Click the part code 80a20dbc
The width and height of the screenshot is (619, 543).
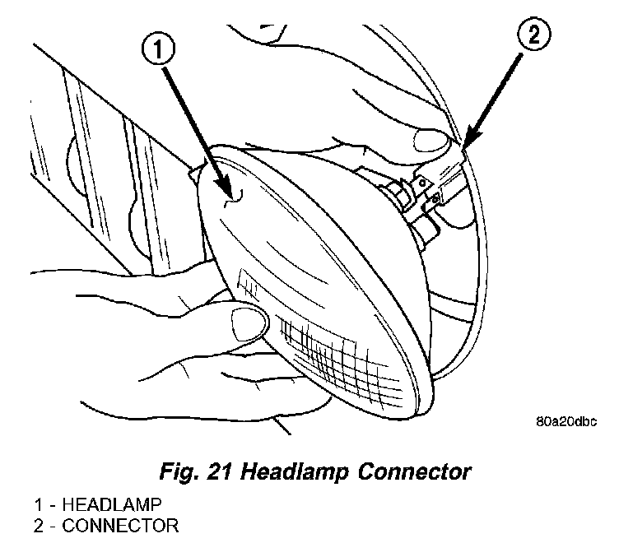[569, 423]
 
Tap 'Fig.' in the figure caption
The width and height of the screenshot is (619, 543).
[179, 472]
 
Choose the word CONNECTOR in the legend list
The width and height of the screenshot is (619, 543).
[109, 525]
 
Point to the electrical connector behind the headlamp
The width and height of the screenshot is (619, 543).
[436, 184]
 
